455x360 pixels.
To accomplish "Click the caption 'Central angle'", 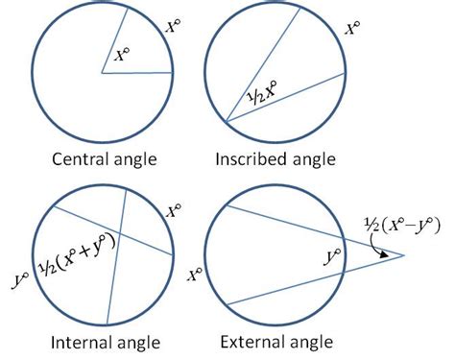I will [x=103, y=158].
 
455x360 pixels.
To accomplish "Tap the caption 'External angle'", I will [x=276, y=341].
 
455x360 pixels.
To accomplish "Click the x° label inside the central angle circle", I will [x=122, y=57].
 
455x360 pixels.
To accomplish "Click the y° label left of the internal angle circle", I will [x=17, y=278].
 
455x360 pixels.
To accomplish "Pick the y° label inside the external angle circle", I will [x=334, y=258].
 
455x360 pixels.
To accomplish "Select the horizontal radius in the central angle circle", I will [x=138, y=72].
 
